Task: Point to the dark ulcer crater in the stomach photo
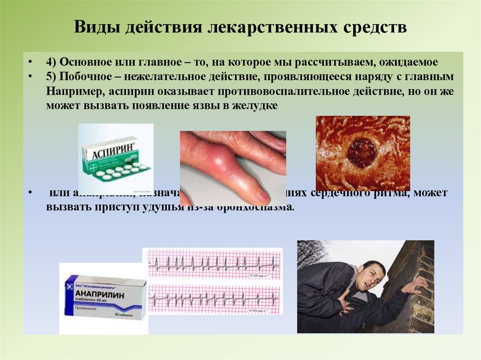[362, 153]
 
